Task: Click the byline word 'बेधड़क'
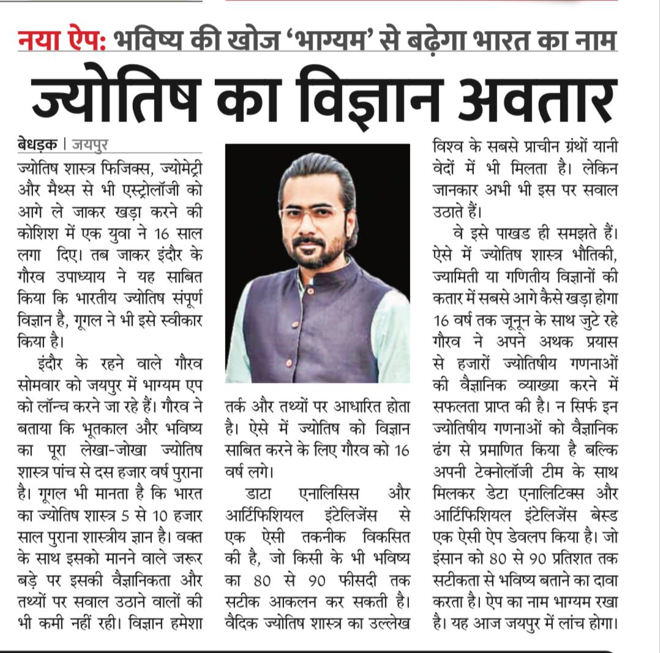tap(39, 146)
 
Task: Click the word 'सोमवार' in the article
tap(44, 386)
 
